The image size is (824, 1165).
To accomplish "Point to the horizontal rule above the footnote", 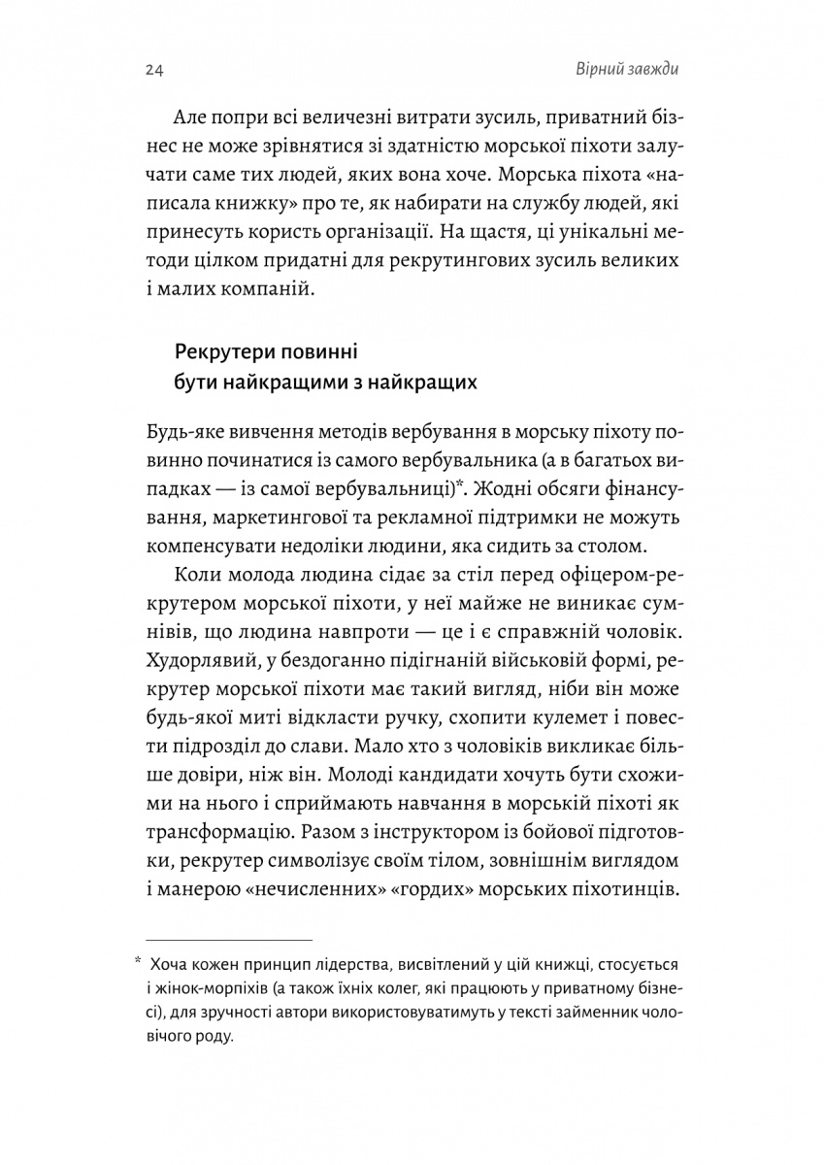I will (229, 940).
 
